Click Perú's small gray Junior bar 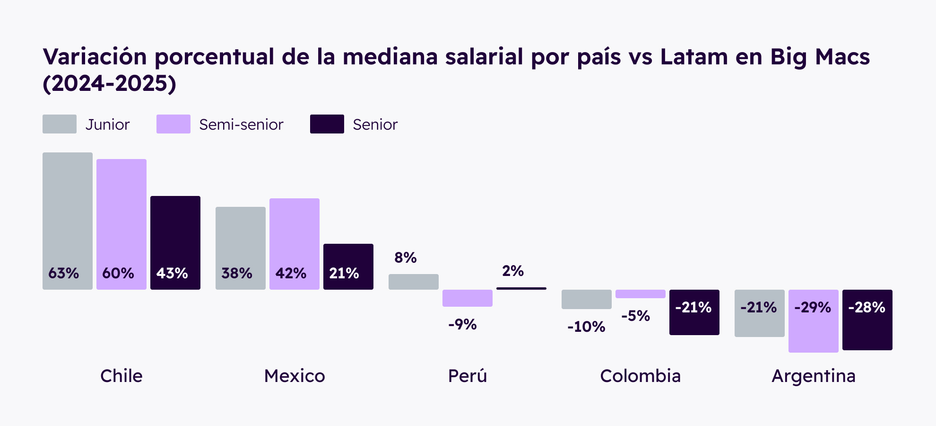pyautogui.click(x=413, y=282)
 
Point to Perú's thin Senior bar pyautogui.click(x=521, y=288)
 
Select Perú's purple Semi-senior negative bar pyautogui.click(x=467, y=298)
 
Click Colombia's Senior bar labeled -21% pyautogui.click(x=694, y=312)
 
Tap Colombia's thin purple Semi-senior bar pyautogui.click(x=640, y=294)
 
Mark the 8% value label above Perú pyautogui.click(x=405, y=257)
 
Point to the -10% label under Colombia pyautogui.click(x=586, y=327)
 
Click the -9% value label pyautogui.click(x=462, y=324)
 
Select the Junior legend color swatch pyautogui.click(x=60, y=124)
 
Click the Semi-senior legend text pyautogui.click(x=241, y=124)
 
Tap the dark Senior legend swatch pyautogui.click(x=327, y=124)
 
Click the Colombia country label pyautogui.click(x=640, y=376)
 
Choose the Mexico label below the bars pyautogui.click(x=295, y=376)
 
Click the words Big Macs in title pyautogui.click(x=820, y=57)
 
